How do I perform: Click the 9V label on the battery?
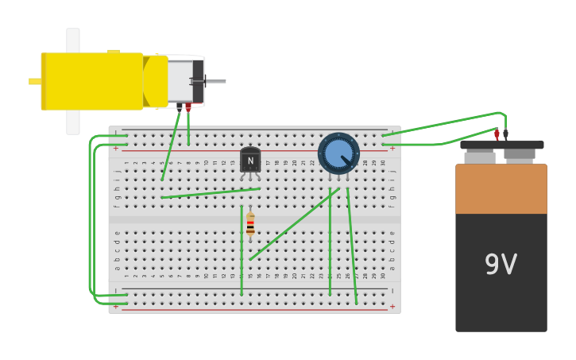pos(501,265)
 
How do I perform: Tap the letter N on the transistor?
pos(250,161)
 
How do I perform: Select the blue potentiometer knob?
pos(338,153)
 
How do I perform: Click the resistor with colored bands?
pos(250,224)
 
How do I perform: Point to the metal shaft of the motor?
pos(215,81)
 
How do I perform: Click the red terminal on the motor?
pos(188,106)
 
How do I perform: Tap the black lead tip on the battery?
pos(505,134)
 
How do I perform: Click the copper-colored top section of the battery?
pos(501,189)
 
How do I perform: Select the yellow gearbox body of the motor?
pos(91,81)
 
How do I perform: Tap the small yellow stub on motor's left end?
pos(34,81)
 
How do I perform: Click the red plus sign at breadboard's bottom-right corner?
pos(392,306)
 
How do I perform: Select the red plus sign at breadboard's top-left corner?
pos(116,148)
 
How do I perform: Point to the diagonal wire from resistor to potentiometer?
pos(294,224)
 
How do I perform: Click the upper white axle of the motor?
pos(73,40)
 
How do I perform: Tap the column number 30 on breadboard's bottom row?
pos(382,276)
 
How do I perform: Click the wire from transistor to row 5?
pos(211,193)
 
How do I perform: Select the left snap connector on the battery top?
pos(479,157)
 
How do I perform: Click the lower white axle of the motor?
pos(73,122)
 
